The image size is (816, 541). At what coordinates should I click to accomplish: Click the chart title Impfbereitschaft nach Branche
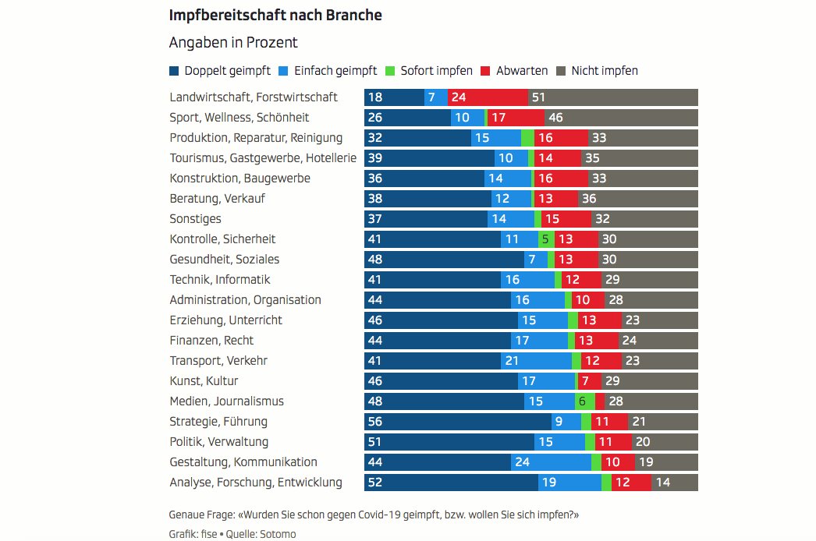[x=275, y=15]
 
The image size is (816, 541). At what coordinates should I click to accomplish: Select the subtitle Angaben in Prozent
[x=233, y=43]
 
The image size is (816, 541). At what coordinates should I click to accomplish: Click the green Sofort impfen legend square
[x=392, y=71]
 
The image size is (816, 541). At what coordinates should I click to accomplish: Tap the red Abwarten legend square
[x=485, y=71]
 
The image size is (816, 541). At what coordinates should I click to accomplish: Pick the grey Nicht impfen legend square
[x=561, y=71]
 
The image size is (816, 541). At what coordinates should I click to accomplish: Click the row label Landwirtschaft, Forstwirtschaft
[x=254, y=97]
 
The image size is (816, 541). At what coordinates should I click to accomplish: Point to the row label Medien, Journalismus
[x=226, y=401]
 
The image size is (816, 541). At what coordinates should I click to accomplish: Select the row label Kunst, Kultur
[x=204, y=381]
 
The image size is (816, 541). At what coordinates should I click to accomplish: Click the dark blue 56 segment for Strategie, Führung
[x=457, y=422]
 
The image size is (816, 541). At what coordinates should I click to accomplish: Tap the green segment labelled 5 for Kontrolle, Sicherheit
[x=546, y=239]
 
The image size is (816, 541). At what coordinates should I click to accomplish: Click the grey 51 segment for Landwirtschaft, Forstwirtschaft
[x=613, y=97]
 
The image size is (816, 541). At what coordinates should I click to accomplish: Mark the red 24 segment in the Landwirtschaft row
[x=488, y=97]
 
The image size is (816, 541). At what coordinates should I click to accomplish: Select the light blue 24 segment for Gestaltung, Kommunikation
[x=551, y=462]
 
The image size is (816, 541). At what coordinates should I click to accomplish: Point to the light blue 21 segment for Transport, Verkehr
[x=536, y=361]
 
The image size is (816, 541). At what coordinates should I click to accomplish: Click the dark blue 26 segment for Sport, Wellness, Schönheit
[x=407, y=118]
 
